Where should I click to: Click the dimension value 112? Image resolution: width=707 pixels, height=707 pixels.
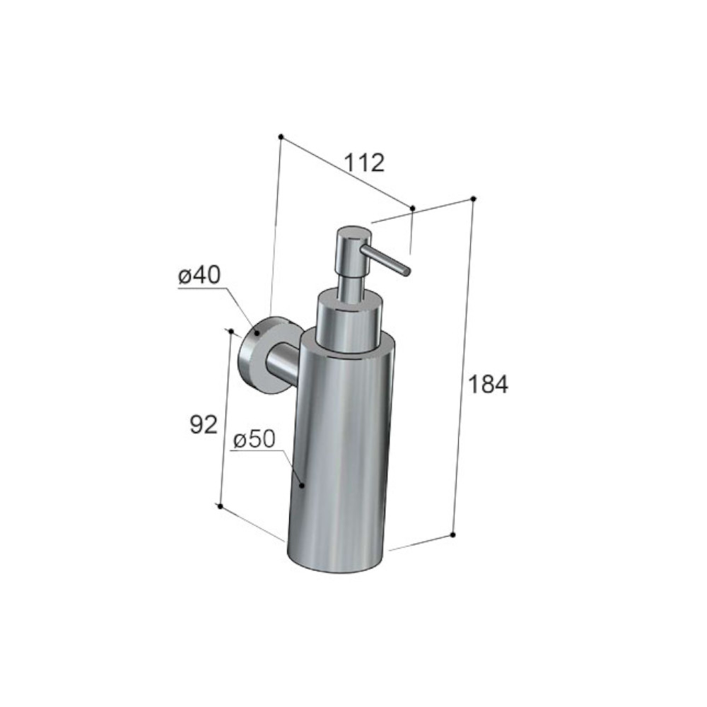[x=364, y=163]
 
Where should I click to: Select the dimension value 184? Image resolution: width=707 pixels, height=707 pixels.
[x=489, y=384]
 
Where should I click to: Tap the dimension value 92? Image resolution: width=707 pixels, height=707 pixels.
[x=204, y=424]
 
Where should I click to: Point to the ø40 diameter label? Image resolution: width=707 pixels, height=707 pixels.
[x=199, y=275]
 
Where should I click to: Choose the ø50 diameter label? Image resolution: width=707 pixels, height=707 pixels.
[x=254, y=439]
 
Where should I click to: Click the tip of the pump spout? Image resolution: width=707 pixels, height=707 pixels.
[x=407, y=271]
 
